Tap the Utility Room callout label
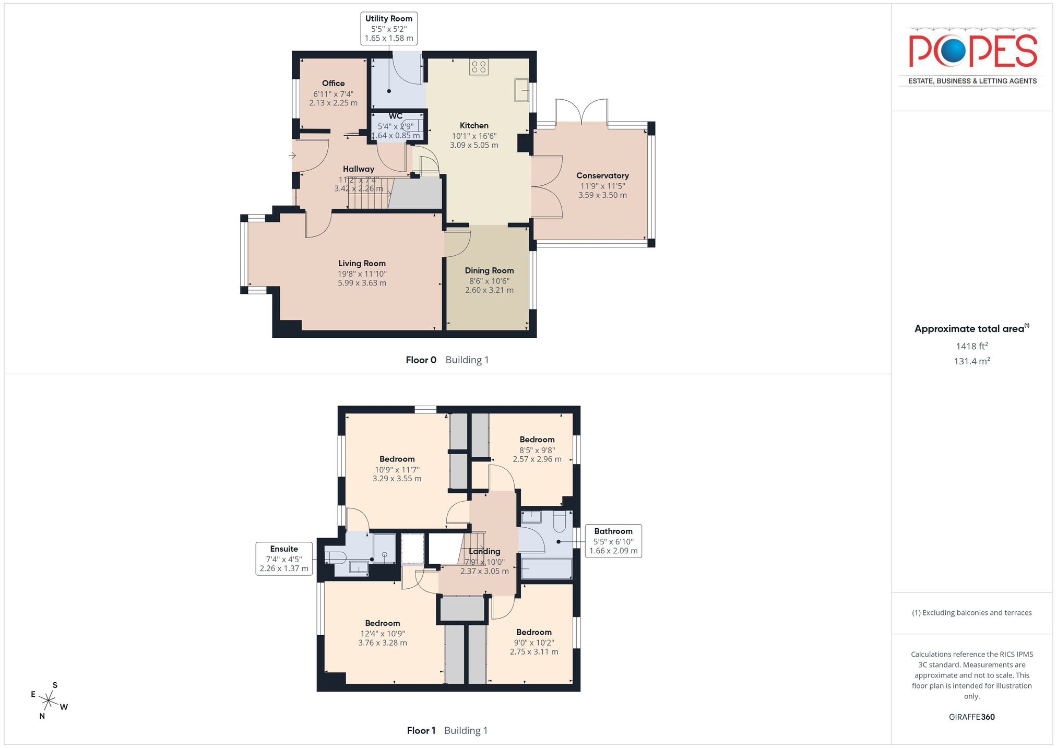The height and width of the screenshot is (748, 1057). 389,28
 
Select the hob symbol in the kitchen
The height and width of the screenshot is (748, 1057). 479,67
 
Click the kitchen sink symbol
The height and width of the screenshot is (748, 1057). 522,90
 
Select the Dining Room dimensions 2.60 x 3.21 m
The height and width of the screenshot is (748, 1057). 490,290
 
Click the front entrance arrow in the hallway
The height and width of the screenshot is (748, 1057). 292,156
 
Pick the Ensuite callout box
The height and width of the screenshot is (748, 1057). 284,559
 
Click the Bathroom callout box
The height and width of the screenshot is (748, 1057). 613,541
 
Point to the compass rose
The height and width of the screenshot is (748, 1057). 49,700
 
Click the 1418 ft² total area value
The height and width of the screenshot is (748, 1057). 972,346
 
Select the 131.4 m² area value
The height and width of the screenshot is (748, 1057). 972,361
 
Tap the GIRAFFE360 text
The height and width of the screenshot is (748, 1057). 972,717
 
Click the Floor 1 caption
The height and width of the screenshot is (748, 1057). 447,730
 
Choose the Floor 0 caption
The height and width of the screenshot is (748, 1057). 447,360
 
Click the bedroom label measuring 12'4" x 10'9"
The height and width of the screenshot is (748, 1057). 383,633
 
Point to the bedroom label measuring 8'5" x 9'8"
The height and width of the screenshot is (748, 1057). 537,449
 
